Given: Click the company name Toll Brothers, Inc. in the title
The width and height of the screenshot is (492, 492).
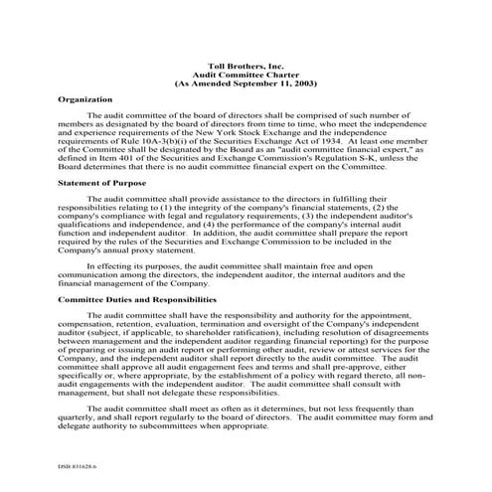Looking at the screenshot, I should (246, 63).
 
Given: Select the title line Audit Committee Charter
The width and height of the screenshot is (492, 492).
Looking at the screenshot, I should (246, 73).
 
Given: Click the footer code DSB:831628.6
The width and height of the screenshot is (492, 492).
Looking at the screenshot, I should (66, 462).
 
